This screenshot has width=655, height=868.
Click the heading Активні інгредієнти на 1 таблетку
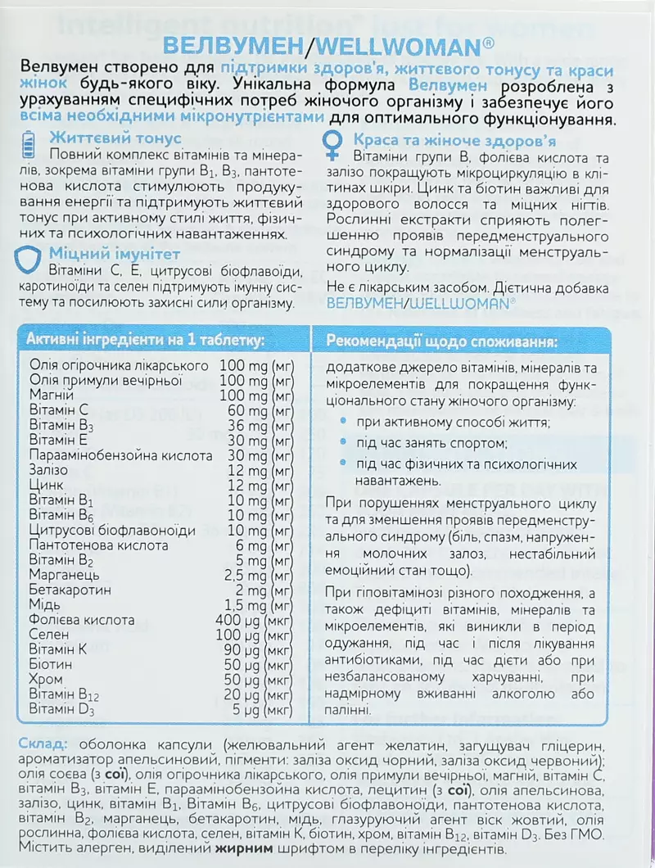[x=146, y=340]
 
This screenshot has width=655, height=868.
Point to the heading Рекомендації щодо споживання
[x=442, y=340]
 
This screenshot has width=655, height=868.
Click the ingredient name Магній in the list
[x=51, y=396]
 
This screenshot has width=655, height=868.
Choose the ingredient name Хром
[x=47, y=680]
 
